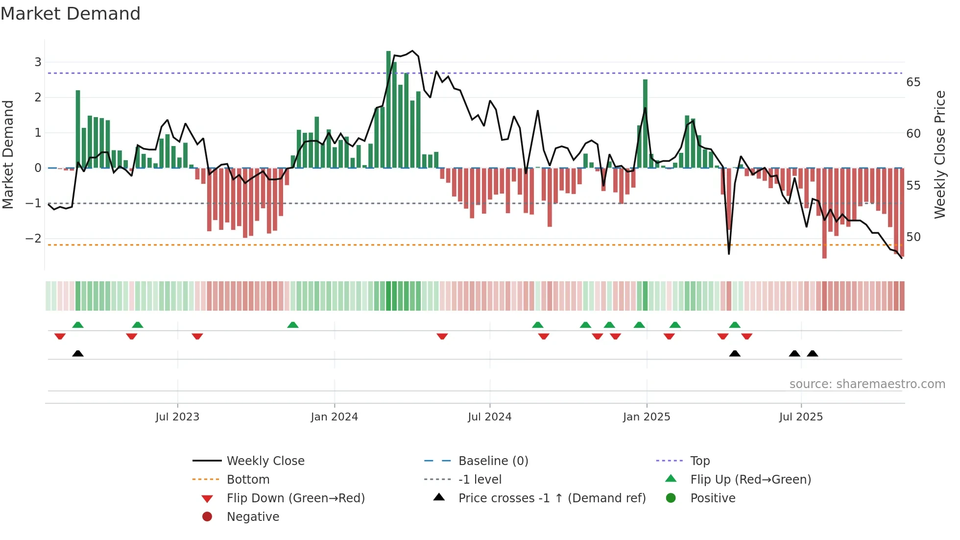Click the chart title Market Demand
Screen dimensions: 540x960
(x=71, y=14)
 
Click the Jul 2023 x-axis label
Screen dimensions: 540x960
(x=177, y=417)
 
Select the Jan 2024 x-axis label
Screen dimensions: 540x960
(x=335, y=417)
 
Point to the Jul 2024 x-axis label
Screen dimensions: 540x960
(x=489, y=417)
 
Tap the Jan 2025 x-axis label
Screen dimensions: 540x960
(x=647, y=417)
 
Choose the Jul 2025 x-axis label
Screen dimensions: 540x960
(x=801, y=417)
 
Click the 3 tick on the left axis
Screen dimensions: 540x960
(x=38, y=62)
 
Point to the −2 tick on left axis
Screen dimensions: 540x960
(x=33, y=239)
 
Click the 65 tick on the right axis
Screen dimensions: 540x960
(x=913, y=82)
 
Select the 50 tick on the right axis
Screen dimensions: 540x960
(x=913, y=237)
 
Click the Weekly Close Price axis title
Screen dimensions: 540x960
(x=939, y=154)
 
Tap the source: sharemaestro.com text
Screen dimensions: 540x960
(x=867, y=384)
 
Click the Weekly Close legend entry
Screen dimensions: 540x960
(x=265, y=461)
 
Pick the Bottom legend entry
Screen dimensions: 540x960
(x=248, y=480)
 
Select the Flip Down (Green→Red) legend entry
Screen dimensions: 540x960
(x=295, y=498)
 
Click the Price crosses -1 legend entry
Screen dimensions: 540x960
(x=552, y=498)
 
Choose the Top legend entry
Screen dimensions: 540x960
(x=700, y=461)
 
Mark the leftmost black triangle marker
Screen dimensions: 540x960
(x=78, y=353)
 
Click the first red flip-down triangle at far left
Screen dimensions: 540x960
(x=60, y=336)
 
